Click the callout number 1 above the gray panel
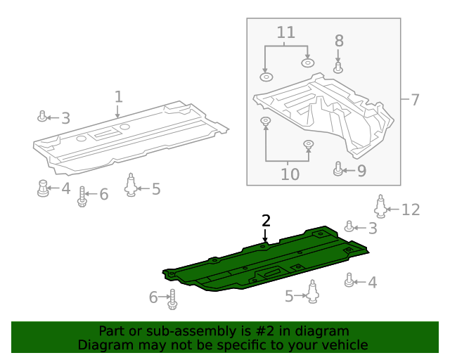click(119, 96)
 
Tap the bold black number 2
click(266, 221)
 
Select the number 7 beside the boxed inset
click(414, 100)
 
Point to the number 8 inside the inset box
click(338, 41)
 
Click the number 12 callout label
click(410, 210)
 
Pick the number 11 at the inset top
click(285, 32)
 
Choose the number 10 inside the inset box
click(289, 173)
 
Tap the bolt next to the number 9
click(338, 169)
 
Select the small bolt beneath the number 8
click(338, 67)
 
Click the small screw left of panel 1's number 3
click(43, 116)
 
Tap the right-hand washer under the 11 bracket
click(307, 63)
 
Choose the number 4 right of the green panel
click(373, 283)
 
